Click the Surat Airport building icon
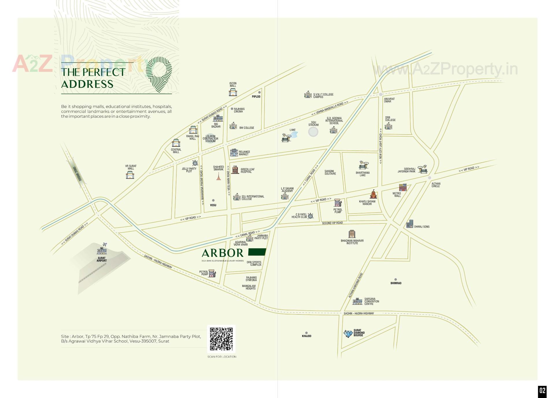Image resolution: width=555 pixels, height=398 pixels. pyautogui.click(x=102, y=250)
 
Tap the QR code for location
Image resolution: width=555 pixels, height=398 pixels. pyautogui.click(x=221, y=339)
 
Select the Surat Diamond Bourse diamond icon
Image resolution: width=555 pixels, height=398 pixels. pyautogui.click(x=348, y=333)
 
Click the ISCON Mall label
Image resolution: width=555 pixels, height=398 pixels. pyautogui.click(x=233, y=84)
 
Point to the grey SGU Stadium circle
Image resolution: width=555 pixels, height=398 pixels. pyautogui.click(x=313, y=132)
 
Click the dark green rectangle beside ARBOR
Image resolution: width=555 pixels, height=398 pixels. pyautogui.click(x=257, y=252)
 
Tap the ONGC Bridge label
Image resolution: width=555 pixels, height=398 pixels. pyautogui.click(x=77, y=174)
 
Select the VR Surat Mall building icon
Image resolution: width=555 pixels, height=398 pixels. pyautogui.click(x=130, y=175)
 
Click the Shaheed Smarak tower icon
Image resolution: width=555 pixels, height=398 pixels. pyautogui.click(x=219, y=176)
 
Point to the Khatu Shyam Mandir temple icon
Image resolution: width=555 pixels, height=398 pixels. pyautogui.click(x=373, y=194)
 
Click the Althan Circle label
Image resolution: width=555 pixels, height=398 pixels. pyautogui.click(x=436, y=185)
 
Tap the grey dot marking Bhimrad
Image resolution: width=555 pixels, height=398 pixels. pyautogui.click(x=396, y=279)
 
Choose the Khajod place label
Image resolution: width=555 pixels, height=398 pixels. pyautogui.click(x=307, y=336)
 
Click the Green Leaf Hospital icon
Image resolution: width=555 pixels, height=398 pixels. pyautogui.click(x=235, y=170)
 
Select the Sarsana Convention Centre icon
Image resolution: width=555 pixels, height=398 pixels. pyautogui.click(x=357, y=301)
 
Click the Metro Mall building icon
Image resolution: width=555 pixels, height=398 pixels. pyautogui.click(x=403, y=187)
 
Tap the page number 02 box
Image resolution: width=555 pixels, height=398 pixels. pyautogui.click(x=542, y=391)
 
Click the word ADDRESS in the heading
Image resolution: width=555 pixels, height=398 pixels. pyautogui.click(x=87, y=84)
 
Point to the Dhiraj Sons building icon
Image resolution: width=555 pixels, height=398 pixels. pyautogui.click(x=410, y=224)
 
